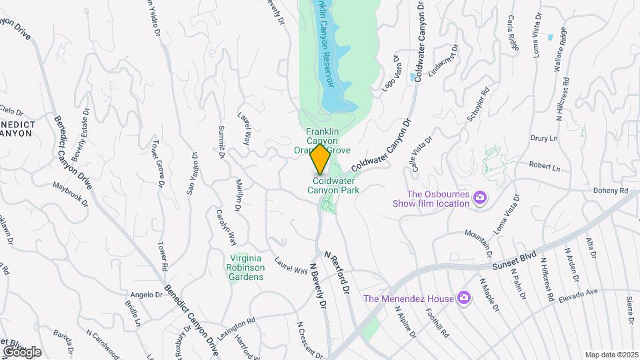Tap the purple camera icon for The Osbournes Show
(x=479, y=197)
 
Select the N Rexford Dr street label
(x=337, y=273)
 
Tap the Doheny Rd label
(x=611, y=191)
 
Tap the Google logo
(x=22, y=352)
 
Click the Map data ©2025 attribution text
(x=610, y=355)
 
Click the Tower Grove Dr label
(x=158, y=163)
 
